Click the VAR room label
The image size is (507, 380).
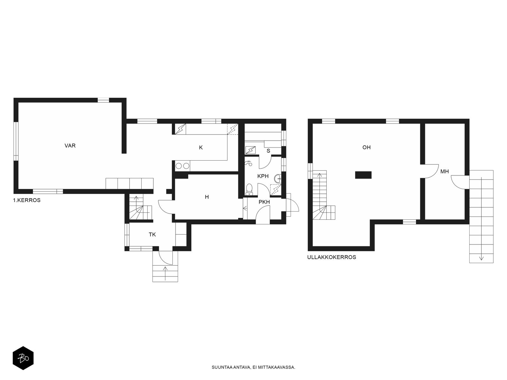click(x=70, y=146)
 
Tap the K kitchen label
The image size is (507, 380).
click(x=201, y=148)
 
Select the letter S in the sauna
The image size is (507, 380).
click(x=268, y=151)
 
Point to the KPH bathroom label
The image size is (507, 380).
click(x=263, y=176)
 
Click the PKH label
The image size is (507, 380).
click(x=264, y=202)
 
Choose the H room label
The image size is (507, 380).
click(x=207, y=197)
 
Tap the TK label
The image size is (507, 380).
click(x=152, y=235)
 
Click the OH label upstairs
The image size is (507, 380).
click(x=366, y=148)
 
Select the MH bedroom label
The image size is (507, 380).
click(x=444, y=172)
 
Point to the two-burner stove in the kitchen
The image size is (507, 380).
click(x=183, y=166)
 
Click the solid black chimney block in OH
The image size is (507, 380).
click(x=363, y=175)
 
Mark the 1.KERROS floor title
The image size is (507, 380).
click(x=27, y=200)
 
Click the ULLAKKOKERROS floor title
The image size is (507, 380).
click(x=331, y=257)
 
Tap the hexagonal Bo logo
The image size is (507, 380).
click(x=23, y=358)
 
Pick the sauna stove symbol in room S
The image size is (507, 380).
click(x=250, y=150)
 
